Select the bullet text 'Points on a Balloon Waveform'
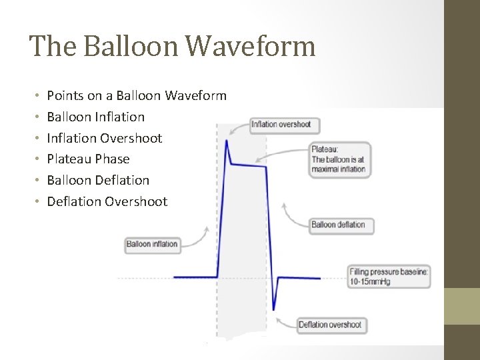[137, 95]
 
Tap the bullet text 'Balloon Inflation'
[95, 117]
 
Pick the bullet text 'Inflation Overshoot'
[104, 138]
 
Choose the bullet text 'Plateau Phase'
[88, 159]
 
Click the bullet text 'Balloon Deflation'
[98, 180]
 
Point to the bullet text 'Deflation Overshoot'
[107, 201]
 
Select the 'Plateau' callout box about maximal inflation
[339, 159]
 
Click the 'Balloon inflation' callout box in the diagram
[152, 244]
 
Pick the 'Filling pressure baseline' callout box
[389, 277]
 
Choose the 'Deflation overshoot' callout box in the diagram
[330, 325]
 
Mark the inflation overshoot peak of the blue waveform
[227, 141]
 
